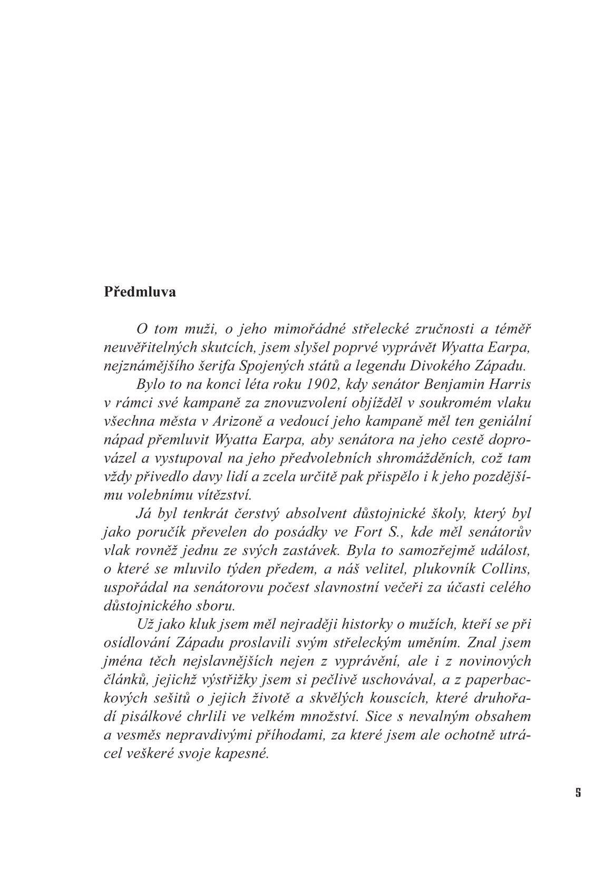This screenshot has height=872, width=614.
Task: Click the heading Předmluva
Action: (x=140, y=293)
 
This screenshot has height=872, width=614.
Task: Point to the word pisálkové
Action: (x=149, y=717)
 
